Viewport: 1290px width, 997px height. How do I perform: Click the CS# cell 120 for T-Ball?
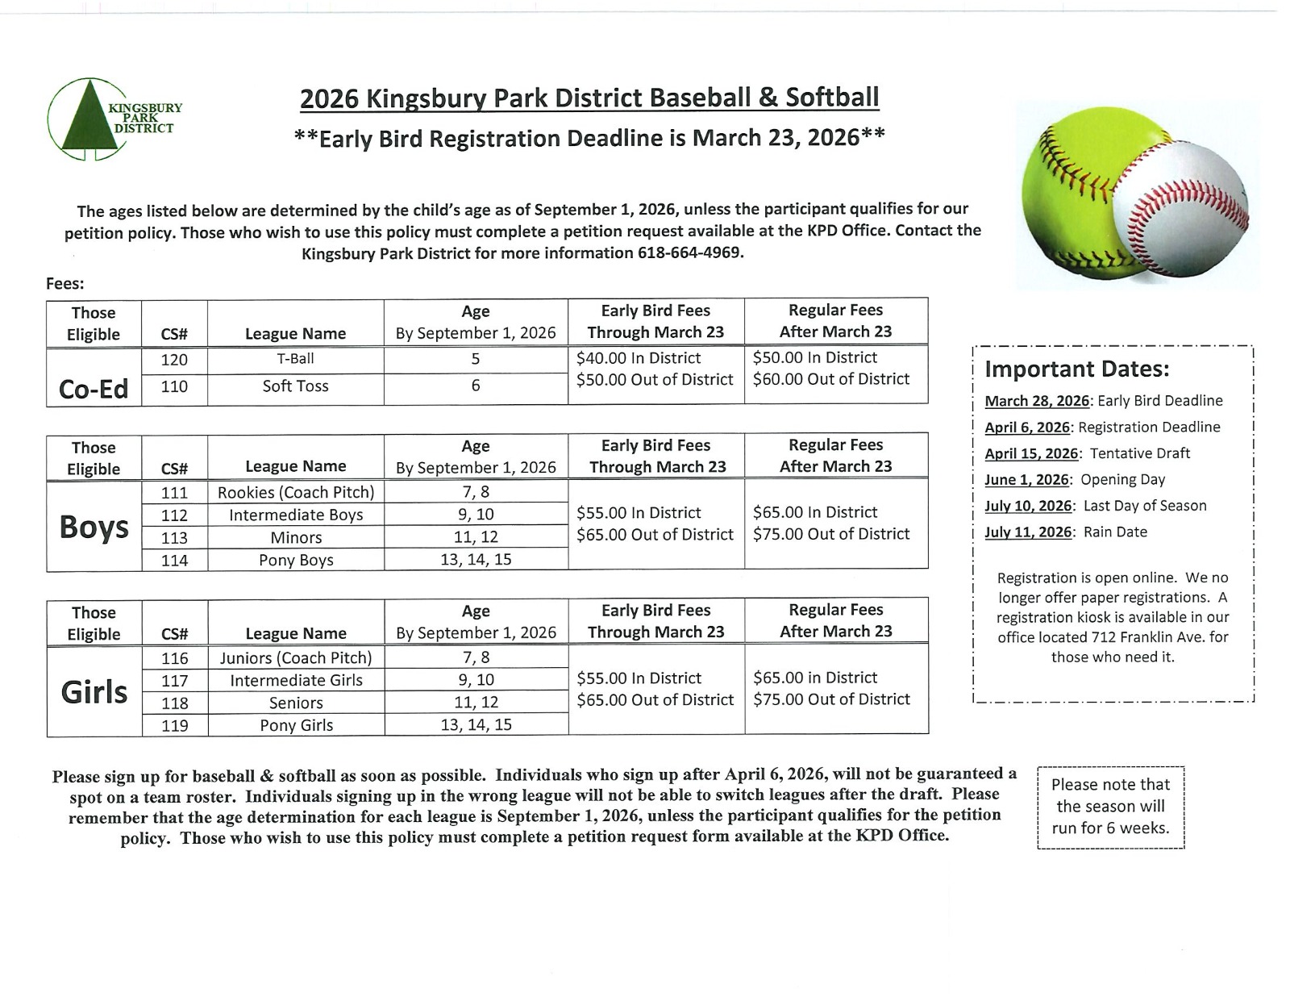point(174,360)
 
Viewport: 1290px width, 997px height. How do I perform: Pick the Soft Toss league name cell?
point(295,386)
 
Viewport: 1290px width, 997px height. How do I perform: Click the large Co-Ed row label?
point(94,389)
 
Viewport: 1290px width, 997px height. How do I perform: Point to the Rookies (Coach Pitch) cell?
point(295,492)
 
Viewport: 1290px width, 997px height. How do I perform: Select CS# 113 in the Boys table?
point(174,537)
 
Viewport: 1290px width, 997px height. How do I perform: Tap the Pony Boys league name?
point(295,560)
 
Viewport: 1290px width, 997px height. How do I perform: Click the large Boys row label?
point(94,527)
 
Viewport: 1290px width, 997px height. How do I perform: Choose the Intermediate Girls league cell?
point(296,680)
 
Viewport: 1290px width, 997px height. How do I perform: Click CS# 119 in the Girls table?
point(174,725)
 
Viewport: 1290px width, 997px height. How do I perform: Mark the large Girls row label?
point(94,692)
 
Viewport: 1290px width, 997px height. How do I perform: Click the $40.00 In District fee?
point(639,358)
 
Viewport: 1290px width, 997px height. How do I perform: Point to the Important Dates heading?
point(1077,369)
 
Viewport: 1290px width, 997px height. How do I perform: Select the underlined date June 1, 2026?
point(1027,480)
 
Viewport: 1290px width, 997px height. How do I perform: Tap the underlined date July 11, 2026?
point(1028,532)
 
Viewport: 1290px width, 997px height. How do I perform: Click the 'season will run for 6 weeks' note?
point(1110,807)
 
